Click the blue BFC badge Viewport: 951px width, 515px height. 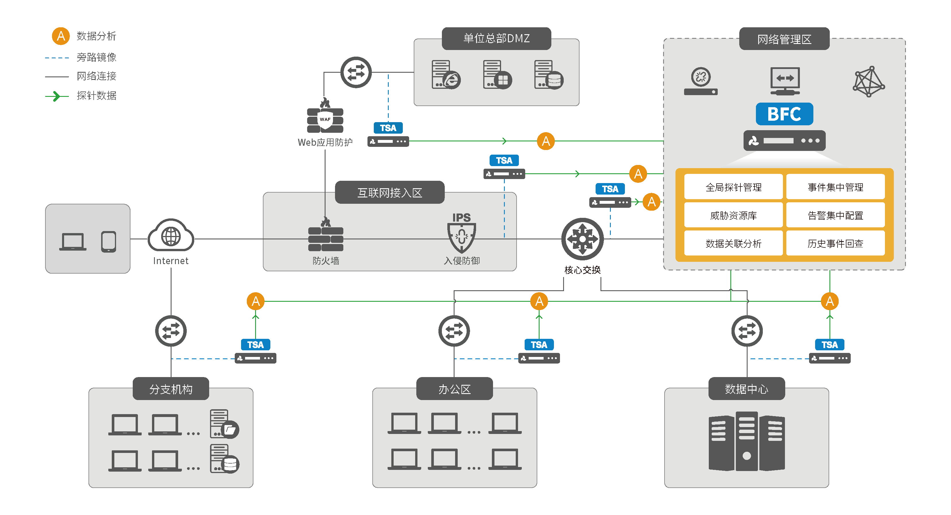784,114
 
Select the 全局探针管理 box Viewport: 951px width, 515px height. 733,187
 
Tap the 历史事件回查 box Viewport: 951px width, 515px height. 835,243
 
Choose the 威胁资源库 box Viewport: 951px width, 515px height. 733,215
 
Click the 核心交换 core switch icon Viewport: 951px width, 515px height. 582,239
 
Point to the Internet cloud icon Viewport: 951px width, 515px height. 171,237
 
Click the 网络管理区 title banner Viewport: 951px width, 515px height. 784,39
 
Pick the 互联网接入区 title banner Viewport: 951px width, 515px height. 390,192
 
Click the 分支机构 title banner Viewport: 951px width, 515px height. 171,389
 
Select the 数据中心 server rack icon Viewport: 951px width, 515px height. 746,441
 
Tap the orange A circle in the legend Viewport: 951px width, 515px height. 61,36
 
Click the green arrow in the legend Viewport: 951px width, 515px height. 56,96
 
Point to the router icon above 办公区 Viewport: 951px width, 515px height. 454,331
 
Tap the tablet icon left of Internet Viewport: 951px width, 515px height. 109,242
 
